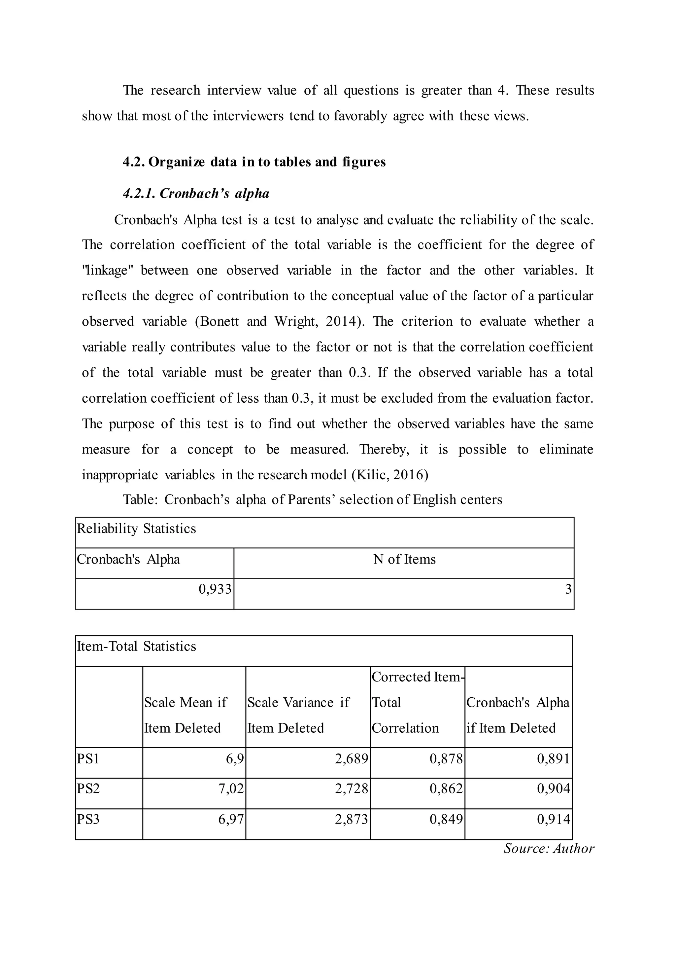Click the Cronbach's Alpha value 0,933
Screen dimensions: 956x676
215,589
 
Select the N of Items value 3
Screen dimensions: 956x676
568,589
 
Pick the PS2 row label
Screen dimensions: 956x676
88,789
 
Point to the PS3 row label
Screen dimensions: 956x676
88,819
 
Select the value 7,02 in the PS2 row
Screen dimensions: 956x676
231,789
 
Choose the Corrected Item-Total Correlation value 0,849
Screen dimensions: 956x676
446,819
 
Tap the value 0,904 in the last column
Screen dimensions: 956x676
553,789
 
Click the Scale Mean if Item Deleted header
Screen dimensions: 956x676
185,715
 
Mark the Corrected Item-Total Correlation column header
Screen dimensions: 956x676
417,702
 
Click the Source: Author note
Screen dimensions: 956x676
549,848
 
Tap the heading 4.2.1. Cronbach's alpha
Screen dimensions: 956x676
196,193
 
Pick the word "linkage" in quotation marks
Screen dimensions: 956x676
107,270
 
